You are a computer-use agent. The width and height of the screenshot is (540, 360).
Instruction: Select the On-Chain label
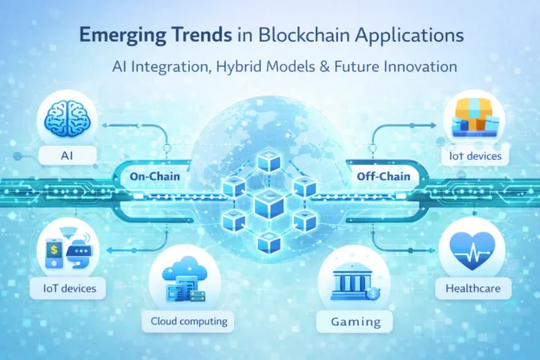(153, 176)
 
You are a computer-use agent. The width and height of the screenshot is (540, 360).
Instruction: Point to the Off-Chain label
(382, 177)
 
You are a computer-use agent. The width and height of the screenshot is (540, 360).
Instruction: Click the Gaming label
(357, 322)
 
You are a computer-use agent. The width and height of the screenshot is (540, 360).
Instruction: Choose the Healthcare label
(472, 287)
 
